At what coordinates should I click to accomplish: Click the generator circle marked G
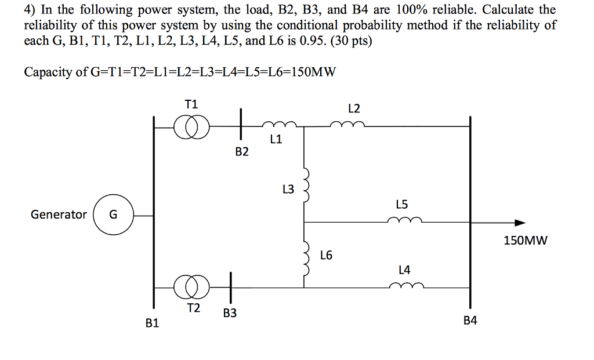click(x=113, y=214)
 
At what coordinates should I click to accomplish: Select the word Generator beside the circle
click(x=59, y=214)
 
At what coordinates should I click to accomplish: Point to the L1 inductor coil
click(x=279, y=125)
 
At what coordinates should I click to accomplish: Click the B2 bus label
click(x=242, y=152)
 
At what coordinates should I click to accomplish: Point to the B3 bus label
click(x=230, y=314)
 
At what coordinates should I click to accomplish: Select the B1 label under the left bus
click(x=152, y=323)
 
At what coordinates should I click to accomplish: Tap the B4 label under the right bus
click(x=470, y=320)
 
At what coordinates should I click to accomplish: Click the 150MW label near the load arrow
click(x=525, y=240)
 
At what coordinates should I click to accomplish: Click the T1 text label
click(x=191, y=104)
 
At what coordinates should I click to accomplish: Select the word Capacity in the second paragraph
click(x=47, y=72)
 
